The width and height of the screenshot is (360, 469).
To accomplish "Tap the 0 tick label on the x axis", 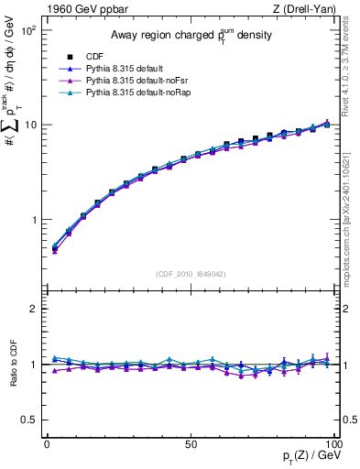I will [x=46, y=443].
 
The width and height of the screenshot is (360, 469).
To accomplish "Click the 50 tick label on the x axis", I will [x=190, y=443].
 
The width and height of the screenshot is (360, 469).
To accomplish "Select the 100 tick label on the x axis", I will [x=332, y=443].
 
